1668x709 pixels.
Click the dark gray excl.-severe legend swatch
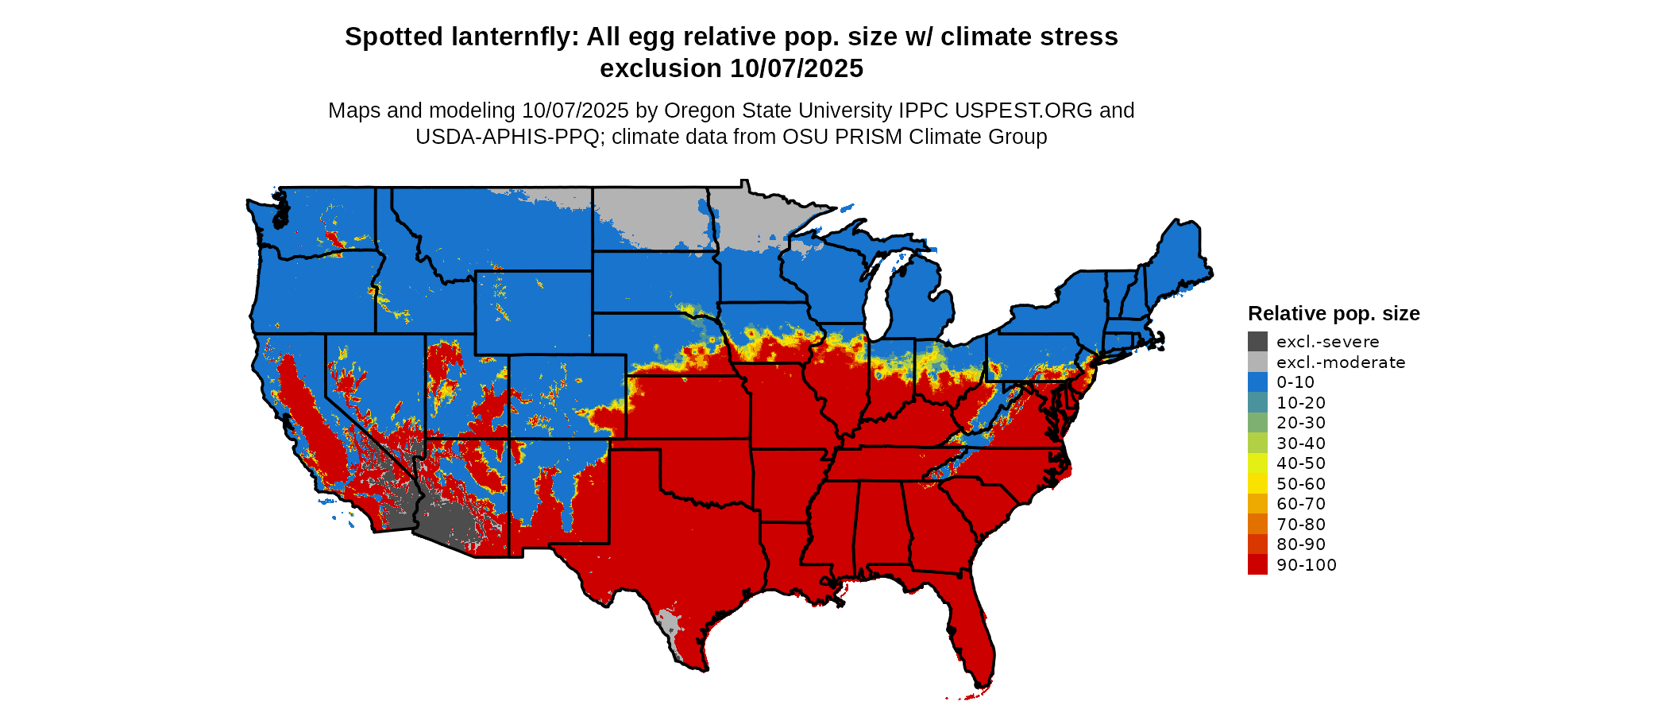[x=1257, y=342]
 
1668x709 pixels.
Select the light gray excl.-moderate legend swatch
[x=1257, y=362]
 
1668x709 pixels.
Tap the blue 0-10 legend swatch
[x=1257, y=382]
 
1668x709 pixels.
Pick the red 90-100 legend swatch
[x=1257, y=565]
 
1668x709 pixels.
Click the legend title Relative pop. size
[x=1334, y=313]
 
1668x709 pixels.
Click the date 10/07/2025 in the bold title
[x=797, y=68]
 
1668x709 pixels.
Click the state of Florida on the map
[x=973, y=636]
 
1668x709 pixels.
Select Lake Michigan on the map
[x=877, y=302]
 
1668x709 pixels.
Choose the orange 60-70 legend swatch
[x=1257, y=504]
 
